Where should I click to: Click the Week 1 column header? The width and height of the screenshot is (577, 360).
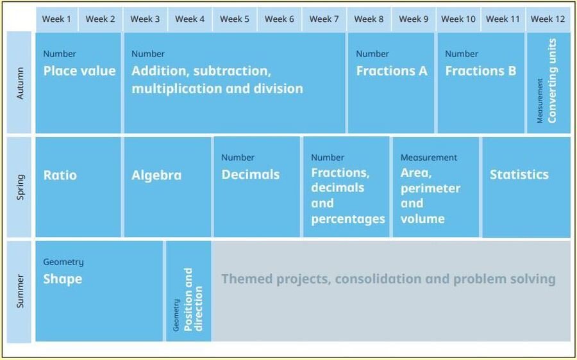tap(56, 19)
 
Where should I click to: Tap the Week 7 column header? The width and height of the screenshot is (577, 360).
tap(324, 19)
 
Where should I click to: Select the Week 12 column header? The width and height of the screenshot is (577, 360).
tap(548, 19)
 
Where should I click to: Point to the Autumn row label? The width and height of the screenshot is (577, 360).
tap(20, 83)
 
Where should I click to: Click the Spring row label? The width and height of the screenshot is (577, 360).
tap(20, 187)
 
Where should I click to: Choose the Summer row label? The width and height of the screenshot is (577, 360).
tap(20, 291)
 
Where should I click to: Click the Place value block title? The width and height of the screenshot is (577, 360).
tap(79, 70)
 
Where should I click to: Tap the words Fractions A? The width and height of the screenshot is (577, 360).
tap(392, 70)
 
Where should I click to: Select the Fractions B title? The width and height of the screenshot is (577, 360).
tap(481, 70)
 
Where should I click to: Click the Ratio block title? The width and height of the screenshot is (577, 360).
tap(60, 175)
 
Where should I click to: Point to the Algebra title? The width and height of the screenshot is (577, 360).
tap(156, 175)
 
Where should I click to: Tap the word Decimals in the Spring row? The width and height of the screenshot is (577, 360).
tap(250, 175)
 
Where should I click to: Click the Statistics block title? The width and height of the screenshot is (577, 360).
tap(519, 175)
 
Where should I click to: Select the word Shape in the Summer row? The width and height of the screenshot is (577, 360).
tap(63, 279)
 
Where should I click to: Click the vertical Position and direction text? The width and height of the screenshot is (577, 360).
tap(193, 300)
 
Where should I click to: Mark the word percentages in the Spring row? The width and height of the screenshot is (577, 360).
tap(347, 219)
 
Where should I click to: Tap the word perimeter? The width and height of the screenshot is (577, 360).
tap(430, 188)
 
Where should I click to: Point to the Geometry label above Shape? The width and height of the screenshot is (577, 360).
tap(63, 262)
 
